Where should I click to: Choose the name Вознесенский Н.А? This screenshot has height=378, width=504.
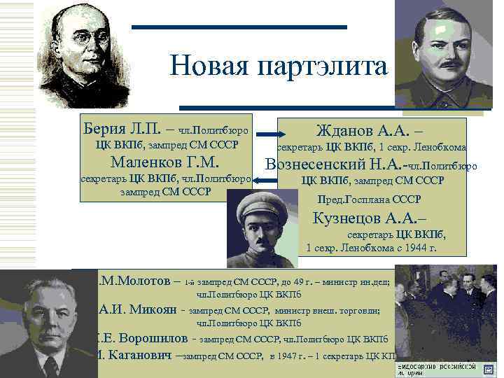(x=335, y=165)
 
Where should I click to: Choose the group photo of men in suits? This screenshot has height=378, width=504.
(x=449, y=315)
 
